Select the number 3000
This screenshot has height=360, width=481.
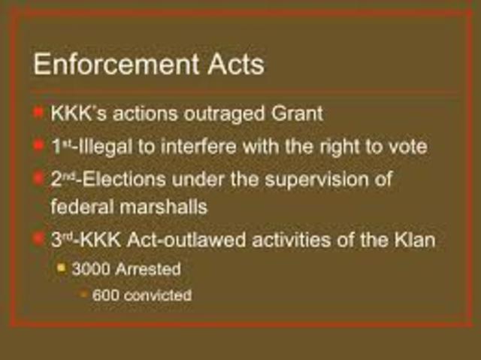[90, 268]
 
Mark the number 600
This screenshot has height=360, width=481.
[104, 295]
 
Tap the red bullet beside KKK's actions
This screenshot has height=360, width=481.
[38, 113]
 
